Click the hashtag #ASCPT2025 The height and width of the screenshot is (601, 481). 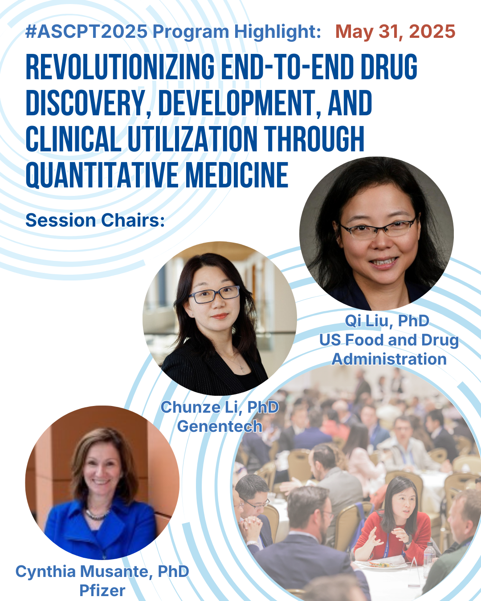pyautogui.click(x=86, y=31)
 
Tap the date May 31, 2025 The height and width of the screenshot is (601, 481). pyautogui.click(x=395, y=31)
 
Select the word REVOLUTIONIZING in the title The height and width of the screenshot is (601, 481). pyautogui.click(x=120, y=67)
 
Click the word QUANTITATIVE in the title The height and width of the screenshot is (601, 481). pyautogui.click(x=102, y=175)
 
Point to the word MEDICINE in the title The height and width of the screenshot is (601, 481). pyautogui.click(x=237, y=175)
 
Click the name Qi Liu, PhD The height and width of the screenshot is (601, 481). pyautogui.click(x=387, y=321)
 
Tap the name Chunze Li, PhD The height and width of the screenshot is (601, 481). pyautogui.click(x=220, y=407)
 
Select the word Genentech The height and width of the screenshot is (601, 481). pyautogui.click(x=220, y=426)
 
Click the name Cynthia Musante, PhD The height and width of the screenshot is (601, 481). pyautogui.click(x=102, y=571)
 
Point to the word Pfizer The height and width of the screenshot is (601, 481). pyautogui.click(x=102, y=590)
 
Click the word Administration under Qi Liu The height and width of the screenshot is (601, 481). pyautogui.click(x=389, y=359)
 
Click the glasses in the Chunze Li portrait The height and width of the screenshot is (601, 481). pyautogui.click(x=214, y=294)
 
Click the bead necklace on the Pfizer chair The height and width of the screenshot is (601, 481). pyautogui.click(x=97, y=514)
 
